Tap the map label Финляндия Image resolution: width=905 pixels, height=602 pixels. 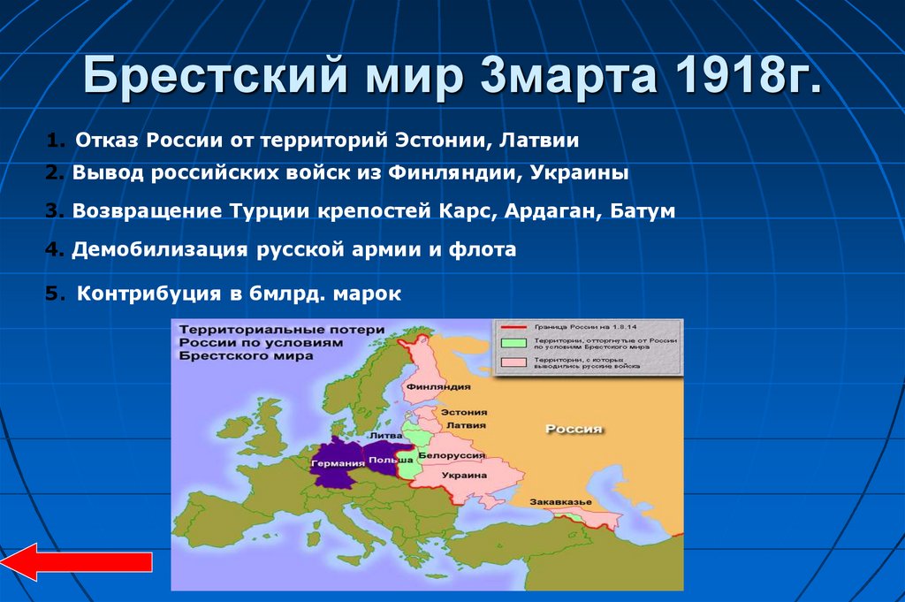[x=437, y=386]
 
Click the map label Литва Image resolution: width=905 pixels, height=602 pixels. [x=390, y=435]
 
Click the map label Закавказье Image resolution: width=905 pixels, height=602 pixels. [x=559, y=501]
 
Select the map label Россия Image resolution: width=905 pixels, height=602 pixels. [x=573, y=429]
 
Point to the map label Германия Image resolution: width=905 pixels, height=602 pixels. [x=338, y=463]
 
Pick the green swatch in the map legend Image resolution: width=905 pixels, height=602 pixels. [x=513, y=343]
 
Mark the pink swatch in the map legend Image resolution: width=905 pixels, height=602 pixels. [x=513, y=362]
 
